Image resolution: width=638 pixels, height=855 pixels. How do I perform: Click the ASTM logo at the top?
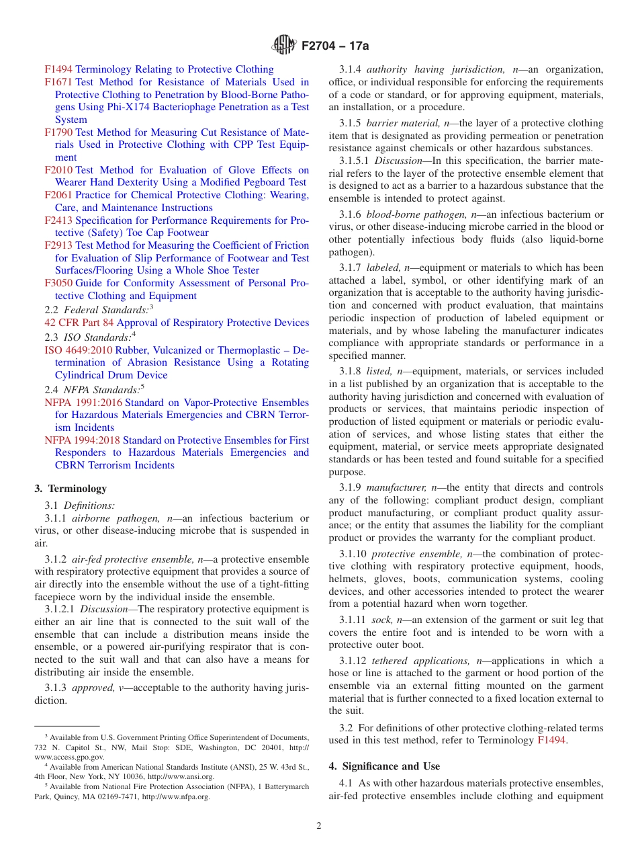283,46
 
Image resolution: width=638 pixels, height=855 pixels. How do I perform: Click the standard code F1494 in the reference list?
58,69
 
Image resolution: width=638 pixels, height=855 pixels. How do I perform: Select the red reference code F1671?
58,82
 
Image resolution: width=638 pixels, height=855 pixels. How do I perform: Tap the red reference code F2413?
58,220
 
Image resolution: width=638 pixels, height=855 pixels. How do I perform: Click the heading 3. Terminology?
71,489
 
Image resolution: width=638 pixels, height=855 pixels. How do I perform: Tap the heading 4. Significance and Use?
384,766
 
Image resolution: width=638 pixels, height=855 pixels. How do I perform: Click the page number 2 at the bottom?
319,826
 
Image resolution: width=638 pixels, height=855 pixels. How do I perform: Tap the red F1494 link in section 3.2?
551,741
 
